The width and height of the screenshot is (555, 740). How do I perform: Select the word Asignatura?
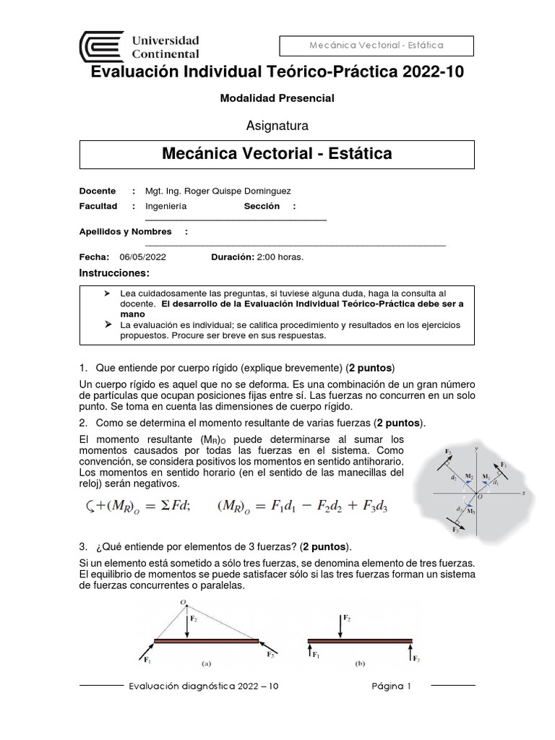277,126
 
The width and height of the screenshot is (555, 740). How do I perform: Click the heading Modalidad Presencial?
277,98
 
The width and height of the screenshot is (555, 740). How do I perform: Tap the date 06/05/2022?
143,257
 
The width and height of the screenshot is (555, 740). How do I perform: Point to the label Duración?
232,257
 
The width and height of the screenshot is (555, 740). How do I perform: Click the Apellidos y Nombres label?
125,232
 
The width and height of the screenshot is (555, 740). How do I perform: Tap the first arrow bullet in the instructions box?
108,294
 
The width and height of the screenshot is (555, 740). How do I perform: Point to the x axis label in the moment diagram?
522,491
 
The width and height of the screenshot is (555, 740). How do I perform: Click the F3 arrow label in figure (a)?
270,654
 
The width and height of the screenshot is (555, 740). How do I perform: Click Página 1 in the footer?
391,687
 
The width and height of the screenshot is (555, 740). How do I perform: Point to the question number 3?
83,546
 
